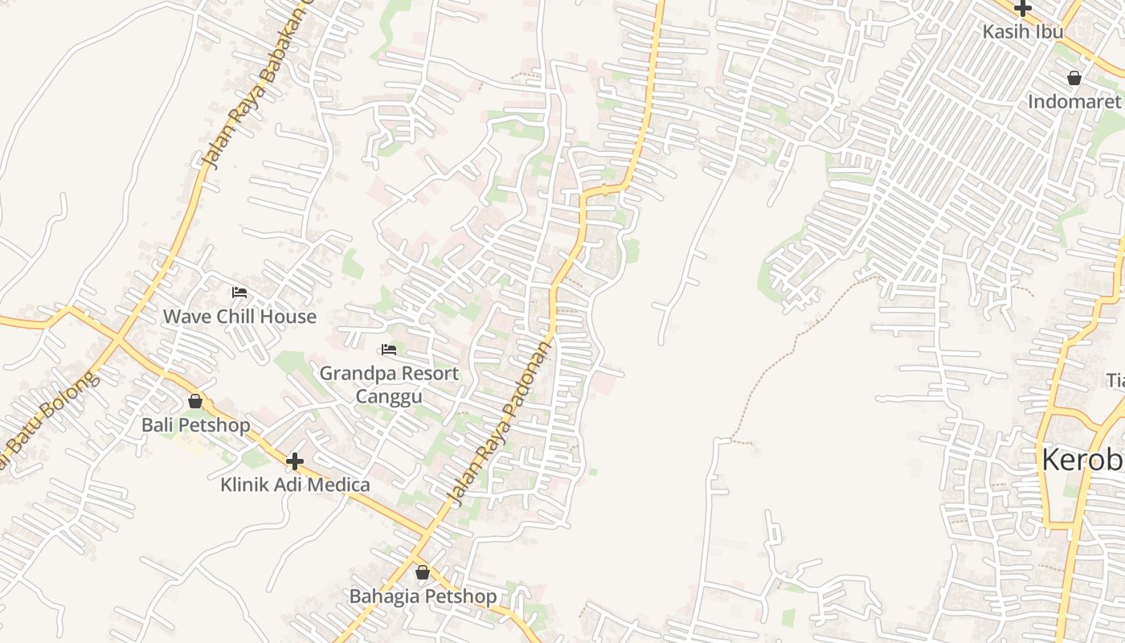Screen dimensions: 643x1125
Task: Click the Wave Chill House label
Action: click(x=239, y=317)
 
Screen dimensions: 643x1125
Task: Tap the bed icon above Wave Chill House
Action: click(x=239, y=293)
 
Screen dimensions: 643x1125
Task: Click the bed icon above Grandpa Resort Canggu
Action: click(x=389, y=350)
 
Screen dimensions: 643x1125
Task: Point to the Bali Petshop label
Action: click(x=196, y=425)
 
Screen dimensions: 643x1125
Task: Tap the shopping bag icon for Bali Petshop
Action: click(x=195, y=401)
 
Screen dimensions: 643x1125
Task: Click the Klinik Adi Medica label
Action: click(x=295, y=485)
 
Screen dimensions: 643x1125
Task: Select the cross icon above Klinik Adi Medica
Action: click(x=295, y=461)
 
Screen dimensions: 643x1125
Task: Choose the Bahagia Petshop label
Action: click(x=423, y=596)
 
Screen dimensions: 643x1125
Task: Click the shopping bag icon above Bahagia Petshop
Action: click(x=423, y=572)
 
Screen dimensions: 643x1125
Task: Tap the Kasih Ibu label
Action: click(x=1023, y=31)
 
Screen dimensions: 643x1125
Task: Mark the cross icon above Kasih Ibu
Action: click(x=1022, y=8)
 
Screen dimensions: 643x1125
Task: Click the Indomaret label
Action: click(x=1074, y=101)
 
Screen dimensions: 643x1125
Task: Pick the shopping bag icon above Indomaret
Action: click(x=1074, y=78)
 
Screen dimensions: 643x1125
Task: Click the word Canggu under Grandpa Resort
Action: click(x=389, y=397)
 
